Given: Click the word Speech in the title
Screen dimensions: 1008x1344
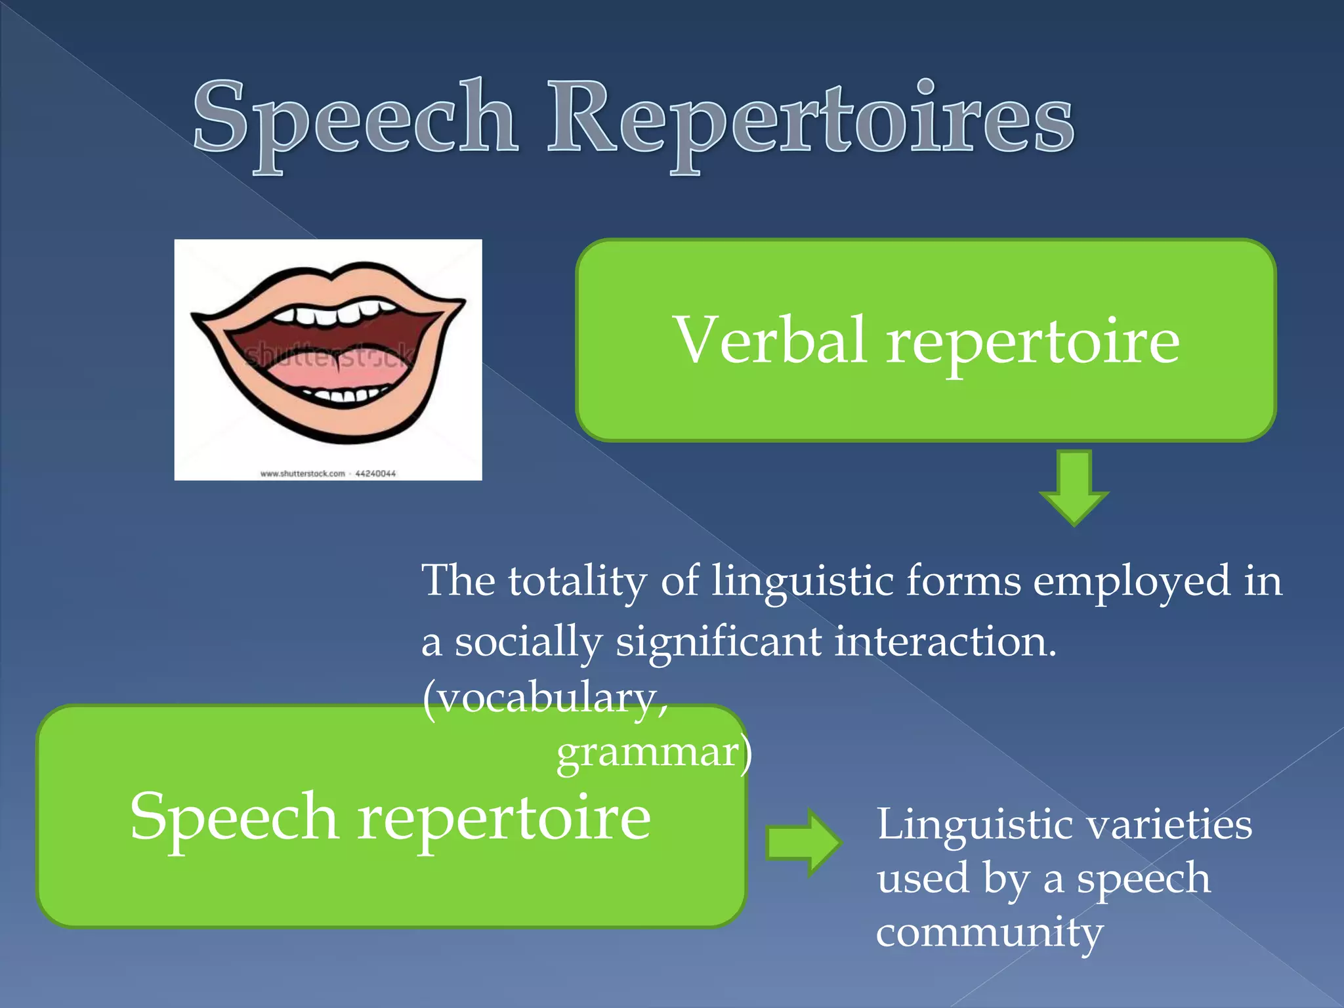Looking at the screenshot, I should pyautogui.click(x=355, y=118).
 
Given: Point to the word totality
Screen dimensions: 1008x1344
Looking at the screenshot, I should pyautogui.click(x=577, y=581).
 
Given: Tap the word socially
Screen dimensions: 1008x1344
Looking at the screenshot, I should pyautogui.click(x=528, y=642).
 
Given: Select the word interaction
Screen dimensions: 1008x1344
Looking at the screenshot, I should pyautogui.click(x=945, y=642).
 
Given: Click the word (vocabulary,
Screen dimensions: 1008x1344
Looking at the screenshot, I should pyautogui.click(x=545, y=698).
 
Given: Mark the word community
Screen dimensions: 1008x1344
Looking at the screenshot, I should pyautogui.click(x=990, y=932).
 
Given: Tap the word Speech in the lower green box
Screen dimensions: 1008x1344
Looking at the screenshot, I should pyautogui.click(x=234, y=817).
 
